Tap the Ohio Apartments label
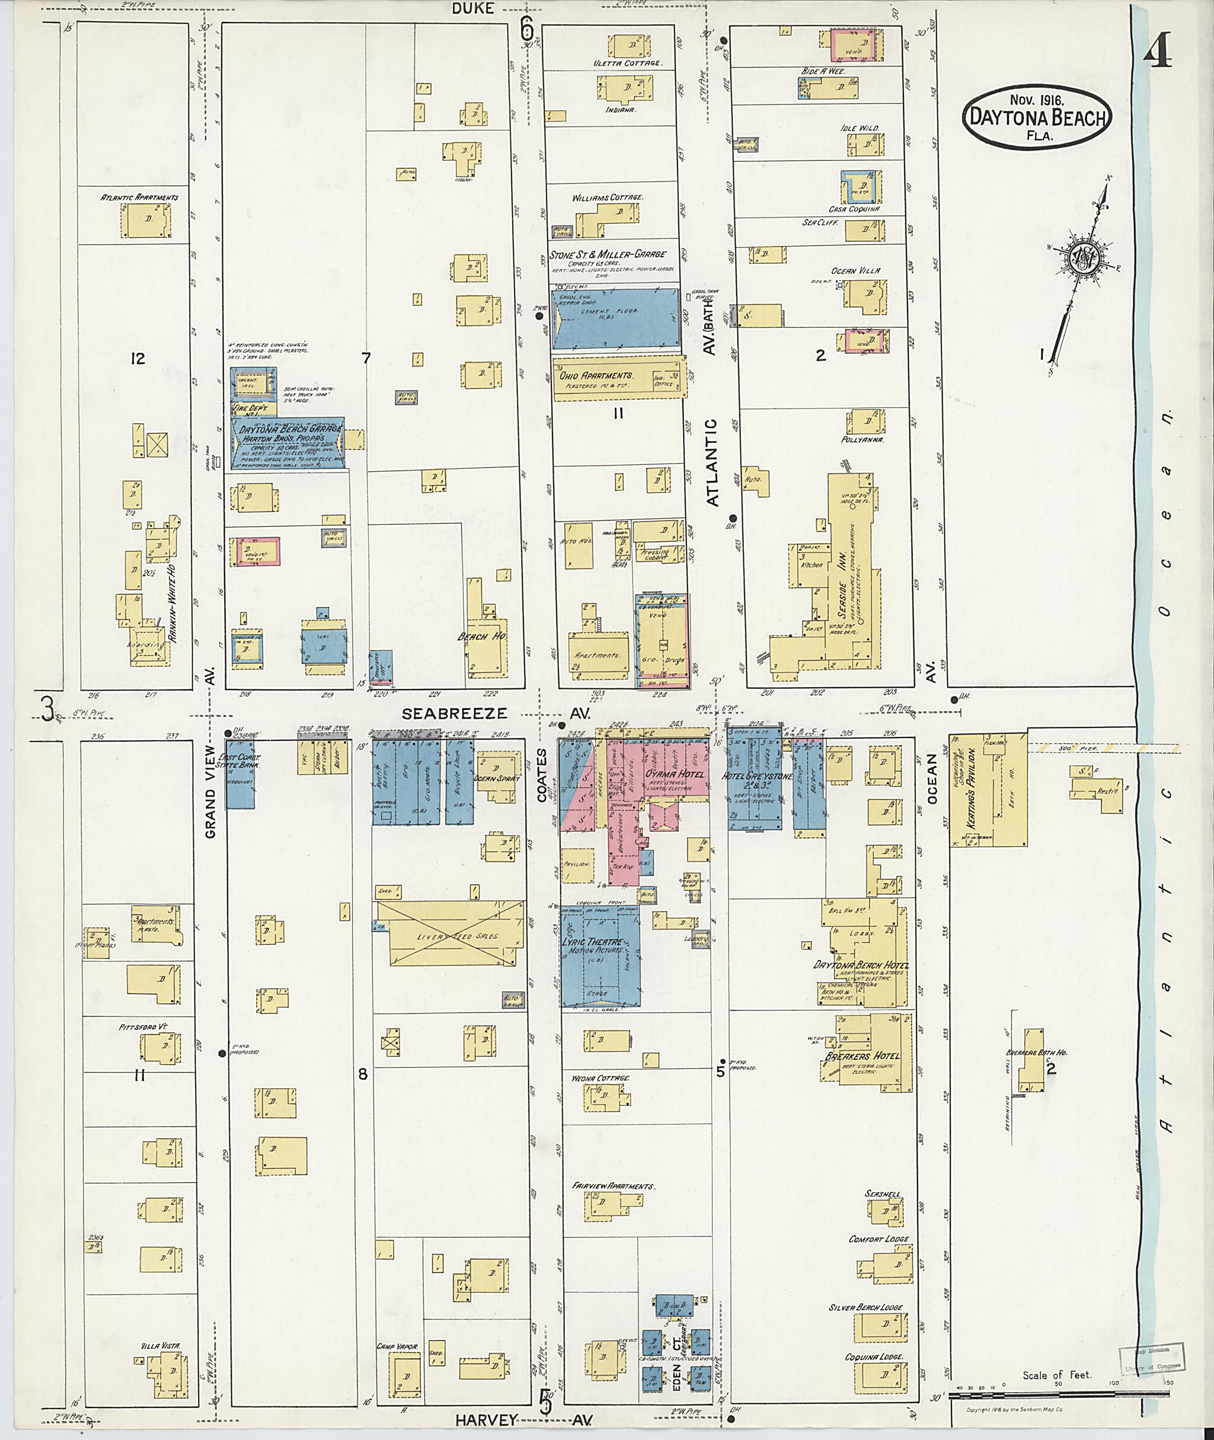(596, 376)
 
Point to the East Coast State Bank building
(240, 773)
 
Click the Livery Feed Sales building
(452, 935)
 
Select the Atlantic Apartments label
(140, 197)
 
